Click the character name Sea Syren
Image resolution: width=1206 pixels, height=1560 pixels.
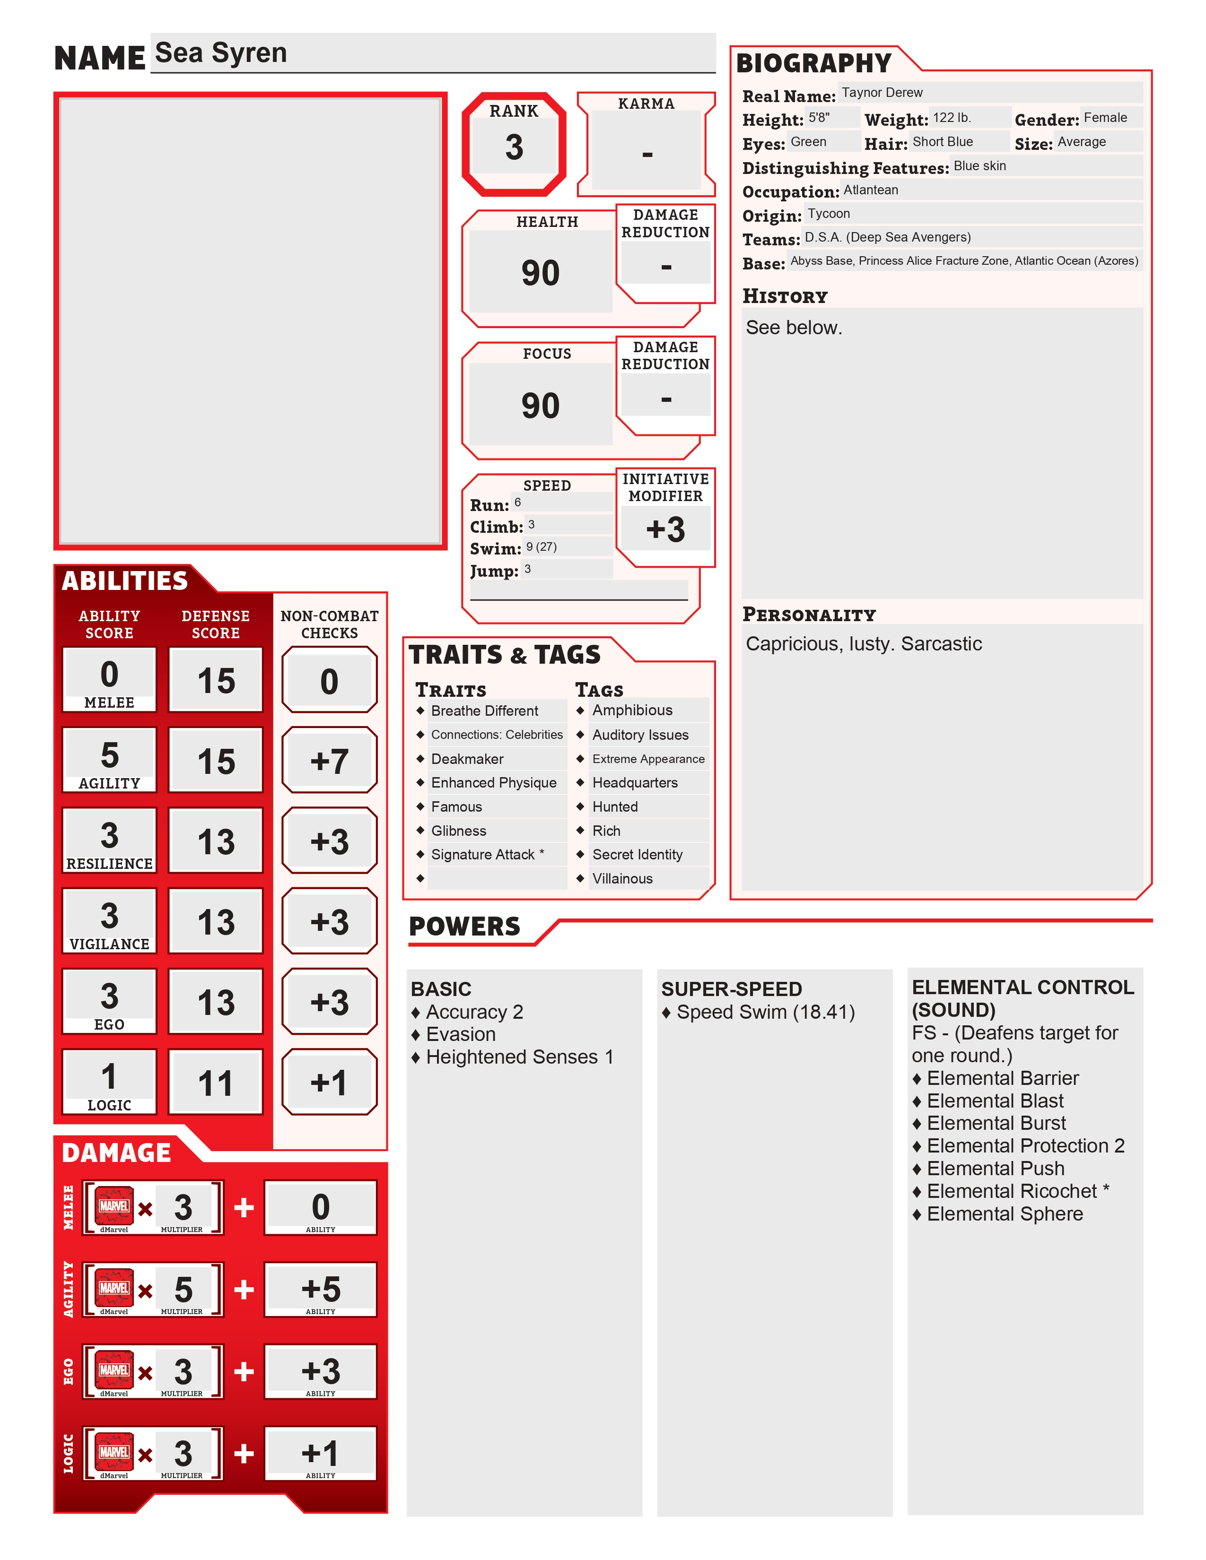click(x=221, y=53)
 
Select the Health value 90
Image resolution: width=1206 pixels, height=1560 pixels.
click(x=540, y=273)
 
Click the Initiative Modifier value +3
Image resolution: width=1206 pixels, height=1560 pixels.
click(x=665, y=530)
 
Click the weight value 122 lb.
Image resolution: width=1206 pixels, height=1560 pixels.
click(x=952, y=118)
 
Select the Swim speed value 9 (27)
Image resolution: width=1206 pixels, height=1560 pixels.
click(x=542, y=547)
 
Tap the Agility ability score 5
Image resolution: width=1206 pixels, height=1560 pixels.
click(x=109, y=755)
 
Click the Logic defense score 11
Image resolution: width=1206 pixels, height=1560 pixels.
click(x=216, y=1083)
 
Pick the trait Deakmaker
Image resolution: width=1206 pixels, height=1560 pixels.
click(x=467, y=759)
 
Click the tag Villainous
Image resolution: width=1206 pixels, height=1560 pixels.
click(x=622, y=879)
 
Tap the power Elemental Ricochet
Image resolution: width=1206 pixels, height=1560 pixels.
click(x=1011, y=1191)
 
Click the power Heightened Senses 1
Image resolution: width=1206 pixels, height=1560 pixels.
click(x=519, y=1057)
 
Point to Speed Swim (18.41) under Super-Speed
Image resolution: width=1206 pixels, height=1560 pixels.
click(x=765, y=1012)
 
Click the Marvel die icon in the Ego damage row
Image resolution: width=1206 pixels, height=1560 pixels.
click(x=114, y=1369)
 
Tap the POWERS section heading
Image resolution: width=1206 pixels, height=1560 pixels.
click(x=464, y=927)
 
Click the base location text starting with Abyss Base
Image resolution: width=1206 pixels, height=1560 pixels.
click(x=964, y=261)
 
